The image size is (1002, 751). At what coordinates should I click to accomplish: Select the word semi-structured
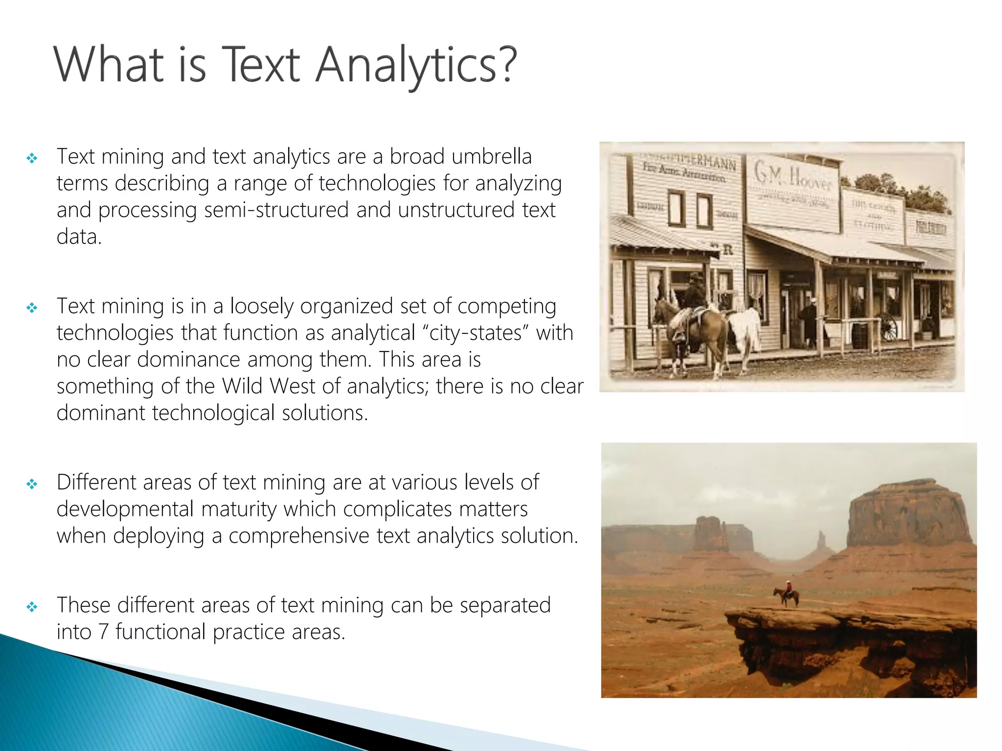pyautogui.click(x=276, y=210)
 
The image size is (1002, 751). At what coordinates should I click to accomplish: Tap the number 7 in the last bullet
pyautogui.click(x=103, y=632)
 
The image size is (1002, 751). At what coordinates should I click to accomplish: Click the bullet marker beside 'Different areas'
pyautogui.click(x=32, y=484)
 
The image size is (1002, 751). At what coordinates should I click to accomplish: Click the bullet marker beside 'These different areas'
pyautogui.click(x=32, y=607)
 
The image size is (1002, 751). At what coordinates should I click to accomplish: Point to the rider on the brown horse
pyautogui.click(x=695, y=293)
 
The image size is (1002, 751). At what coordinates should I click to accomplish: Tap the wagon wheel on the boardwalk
pyautogui.click(x=889, y=326)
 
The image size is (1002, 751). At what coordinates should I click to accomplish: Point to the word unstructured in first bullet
pyautogui.click(x=456, y=210)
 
